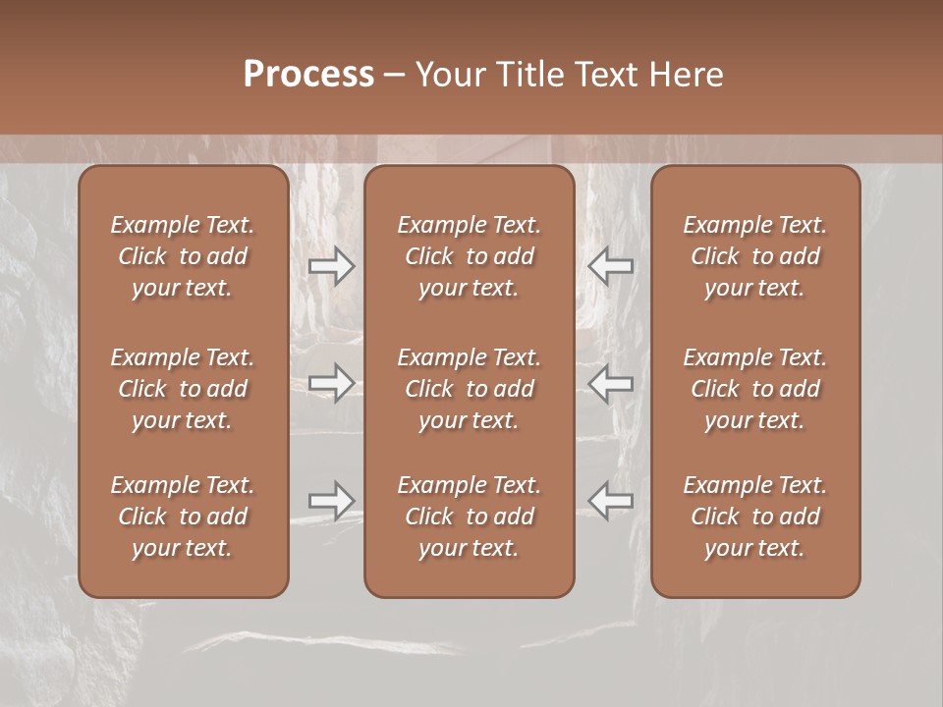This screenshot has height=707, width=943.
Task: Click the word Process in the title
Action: coord(308,74)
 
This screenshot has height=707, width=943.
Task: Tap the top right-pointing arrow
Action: coord(331,266)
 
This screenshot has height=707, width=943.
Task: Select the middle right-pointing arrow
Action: coord(331,382)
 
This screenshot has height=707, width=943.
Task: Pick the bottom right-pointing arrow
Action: coord(331,500)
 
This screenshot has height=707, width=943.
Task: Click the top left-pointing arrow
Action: coord(611,266)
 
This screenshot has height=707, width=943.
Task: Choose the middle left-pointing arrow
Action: coord(611,382)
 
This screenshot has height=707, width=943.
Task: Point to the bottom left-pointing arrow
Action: coord(611,500)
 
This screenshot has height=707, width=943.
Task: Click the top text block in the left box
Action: coord(183,256)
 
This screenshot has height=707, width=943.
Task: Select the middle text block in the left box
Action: coord(183,389)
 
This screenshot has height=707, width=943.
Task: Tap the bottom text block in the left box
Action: coord(183,517)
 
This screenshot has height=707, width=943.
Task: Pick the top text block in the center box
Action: coord(469,256)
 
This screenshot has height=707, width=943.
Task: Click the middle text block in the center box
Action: coord(469,389)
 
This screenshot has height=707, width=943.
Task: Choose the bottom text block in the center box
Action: coord(469,517)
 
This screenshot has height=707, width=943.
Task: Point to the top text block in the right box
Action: coord(754,256)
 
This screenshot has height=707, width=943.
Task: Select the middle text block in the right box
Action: coord(754,389)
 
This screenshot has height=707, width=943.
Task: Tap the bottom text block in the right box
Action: coord(754,517)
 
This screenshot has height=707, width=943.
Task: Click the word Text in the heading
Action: coord(604,74)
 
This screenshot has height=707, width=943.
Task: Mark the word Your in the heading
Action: coord(451,74)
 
